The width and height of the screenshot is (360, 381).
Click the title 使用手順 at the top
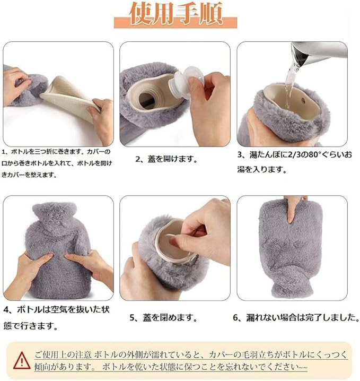click(x=176, y=14)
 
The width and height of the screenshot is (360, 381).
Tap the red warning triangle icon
click(x=22, y=361)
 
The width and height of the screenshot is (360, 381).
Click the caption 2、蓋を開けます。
click(x=166, y=159)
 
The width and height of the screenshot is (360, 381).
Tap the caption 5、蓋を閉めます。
click(x=163, y=317)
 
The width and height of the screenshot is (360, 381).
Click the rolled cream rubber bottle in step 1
click(x=71, y=97)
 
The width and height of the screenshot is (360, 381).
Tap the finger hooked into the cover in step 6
click(x=291, y=210)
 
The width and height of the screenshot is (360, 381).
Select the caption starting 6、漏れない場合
click(x=296, y=317)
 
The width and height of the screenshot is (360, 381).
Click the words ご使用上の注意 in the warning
click(x=63, y=355)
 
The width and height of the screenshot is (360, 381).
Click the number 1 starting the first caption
click(x=4, y=152)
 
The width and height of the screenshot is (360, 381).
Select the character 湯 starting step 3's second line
click(x=241, y=169)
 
